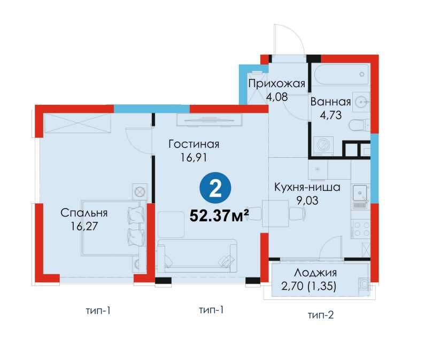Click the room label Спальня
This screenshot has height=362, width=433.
click(x=84, y=213)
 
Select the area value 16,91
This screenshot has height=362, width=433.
click(x=194, y=157)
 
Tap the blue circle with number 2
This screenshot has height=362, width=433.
click(x=215, y=189)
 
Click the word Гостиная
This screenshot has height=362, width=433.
click(x=194, y=144)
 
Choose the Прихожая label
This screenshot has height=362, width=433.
click(x=276, y=83)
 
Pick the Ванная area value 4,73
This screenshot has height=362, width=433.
click(x=330, y=115)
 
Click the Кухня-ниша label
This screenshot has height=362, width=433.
click(x=307, y=187)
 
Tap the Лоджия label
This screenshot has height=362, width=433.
click(x=315, y=273)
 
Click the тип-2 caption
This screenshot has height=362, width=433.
click(x=321, y=315)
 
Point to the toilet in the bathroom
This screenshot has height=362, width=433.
click(x=359, y=126)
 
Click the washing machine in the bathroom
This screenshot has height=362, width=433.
click(x=322, y=145)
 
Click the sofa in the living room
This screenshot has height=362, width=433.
click(x=196, y=256)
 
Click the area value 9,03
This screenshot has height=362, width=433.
click(x=307, y=201)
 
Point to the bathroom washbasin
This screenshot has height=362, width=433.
click(x=361, y=102)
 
